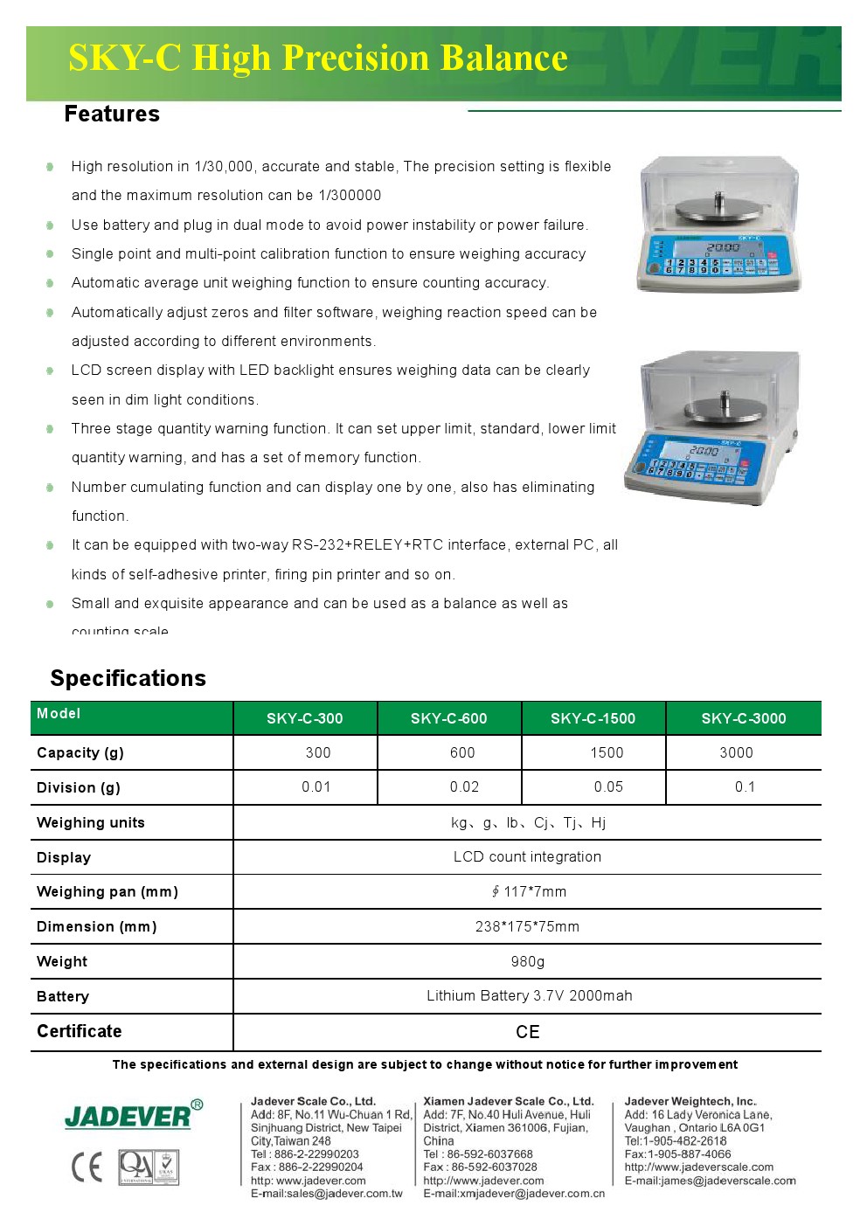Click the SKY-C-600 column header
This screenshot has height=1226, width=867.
click(448, 718)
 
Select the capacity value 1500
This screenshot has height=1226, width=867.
click(607, 752)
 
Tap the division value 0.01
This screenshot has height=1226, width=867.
click(316, 787)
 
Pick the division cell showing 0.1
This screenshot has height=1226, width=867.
click(745, 787)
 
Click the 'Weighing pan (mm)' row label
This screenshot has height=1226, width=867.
click(108, 891)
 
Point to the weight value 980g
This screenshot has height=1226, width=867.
click(528, 961)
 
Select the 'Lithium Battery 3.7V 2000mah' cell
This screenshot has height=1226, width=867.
click(529, 995)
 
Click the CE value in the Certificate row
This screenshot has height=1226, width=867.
click(528, 1032)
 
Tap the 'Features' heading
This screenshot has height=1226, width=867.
click(112, 114)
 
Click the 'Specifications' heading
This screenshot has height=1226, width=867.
click(128, 678)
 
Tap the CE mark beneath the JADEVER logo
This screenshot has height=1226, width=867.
click(87, 1167)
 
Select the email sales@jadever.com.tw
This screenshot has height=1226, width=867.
click(327, 1194)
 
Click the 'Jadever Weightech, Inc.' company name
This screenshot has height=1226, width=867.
click(690, 1101)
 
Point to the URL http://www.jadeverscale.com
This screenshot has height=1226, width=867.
click(698, 1167)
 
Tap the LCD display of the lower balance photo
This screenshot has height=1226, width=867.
click(704, 451)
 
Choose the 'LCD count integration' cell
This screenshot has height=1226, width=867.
click(527, 856)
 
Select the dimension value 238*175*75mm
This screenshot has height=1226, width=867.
click(527, 926)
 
